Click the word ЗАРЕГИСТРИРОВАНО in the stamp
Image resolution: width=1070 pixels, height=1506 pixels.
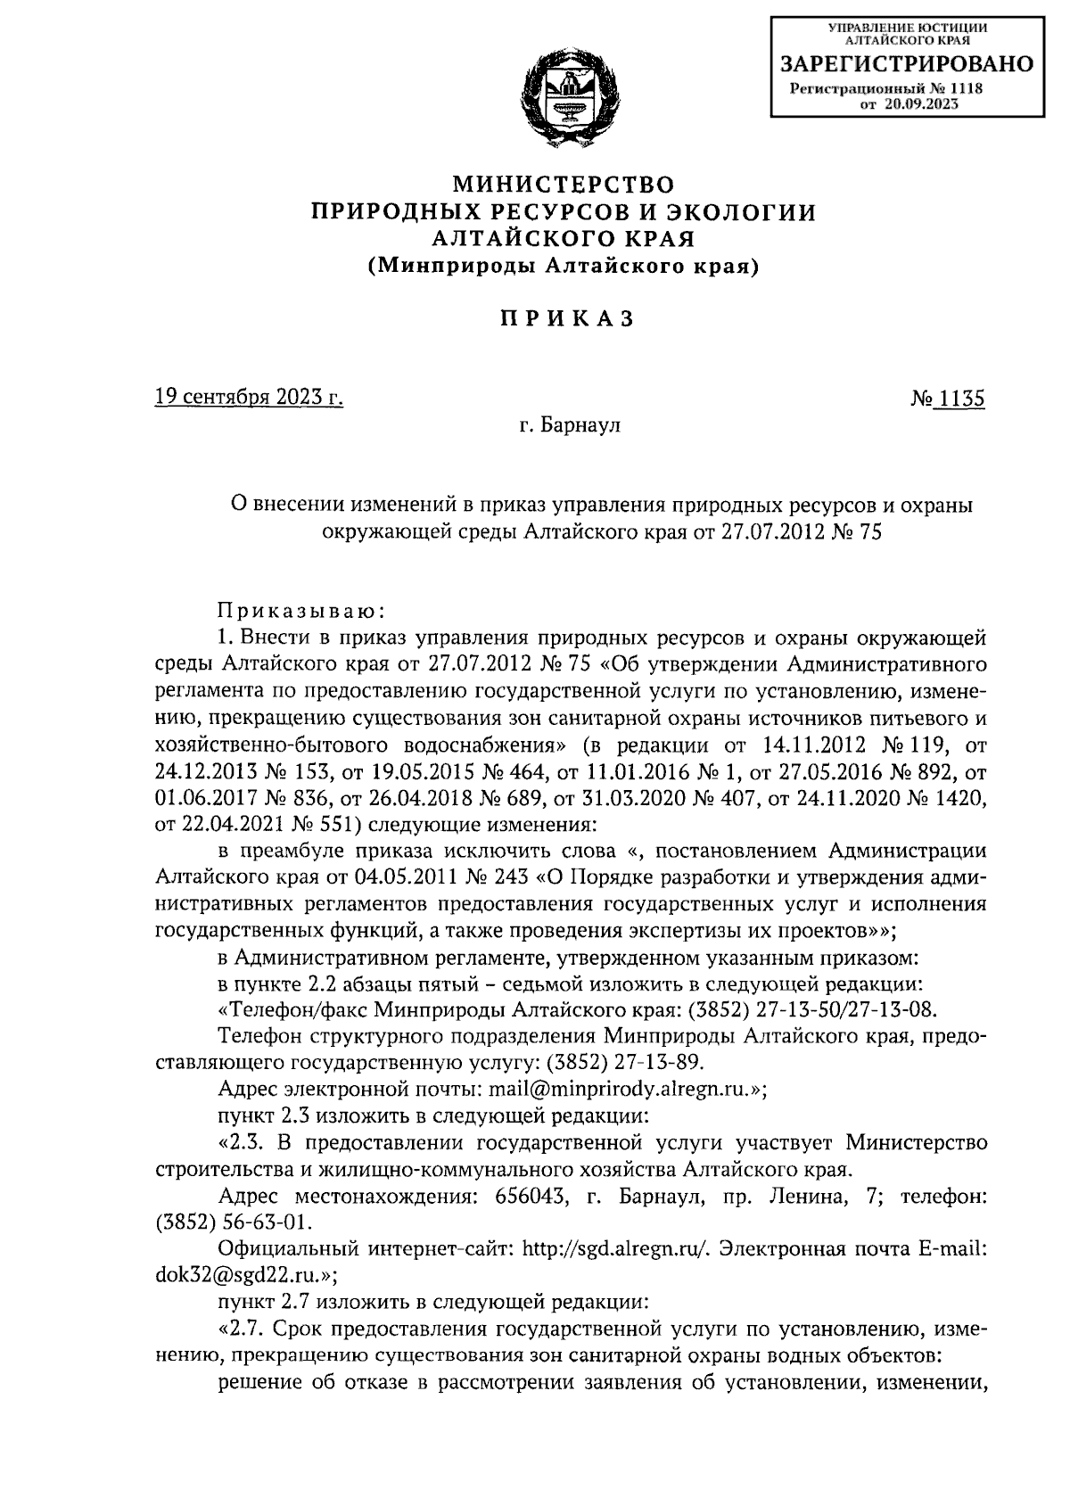point(907,64)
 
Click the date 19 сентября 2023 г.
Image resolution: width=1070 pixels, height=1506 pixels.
point(249,398)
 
